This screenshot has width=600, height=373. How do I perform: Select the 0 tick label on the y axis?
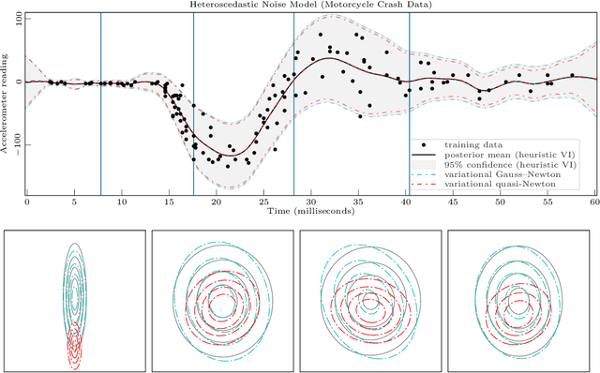[x=18, y=82]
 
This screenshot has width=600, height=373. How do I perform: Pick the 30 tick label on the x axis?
[x=310, y=202]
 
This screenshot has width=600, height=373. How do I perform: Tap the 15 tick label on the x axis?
[x=168, y=202]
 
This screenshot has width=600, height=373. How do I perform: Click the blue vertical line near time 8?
[x=101, y=103]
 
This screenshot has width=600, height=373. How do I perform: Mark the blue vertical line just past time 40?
[x=409, y=103]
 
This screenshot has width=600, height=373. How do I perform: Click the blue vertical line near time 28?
[x=293, y=103]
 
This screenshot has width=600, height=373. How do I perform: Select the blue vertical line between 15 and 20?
[x=193, y=103]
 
